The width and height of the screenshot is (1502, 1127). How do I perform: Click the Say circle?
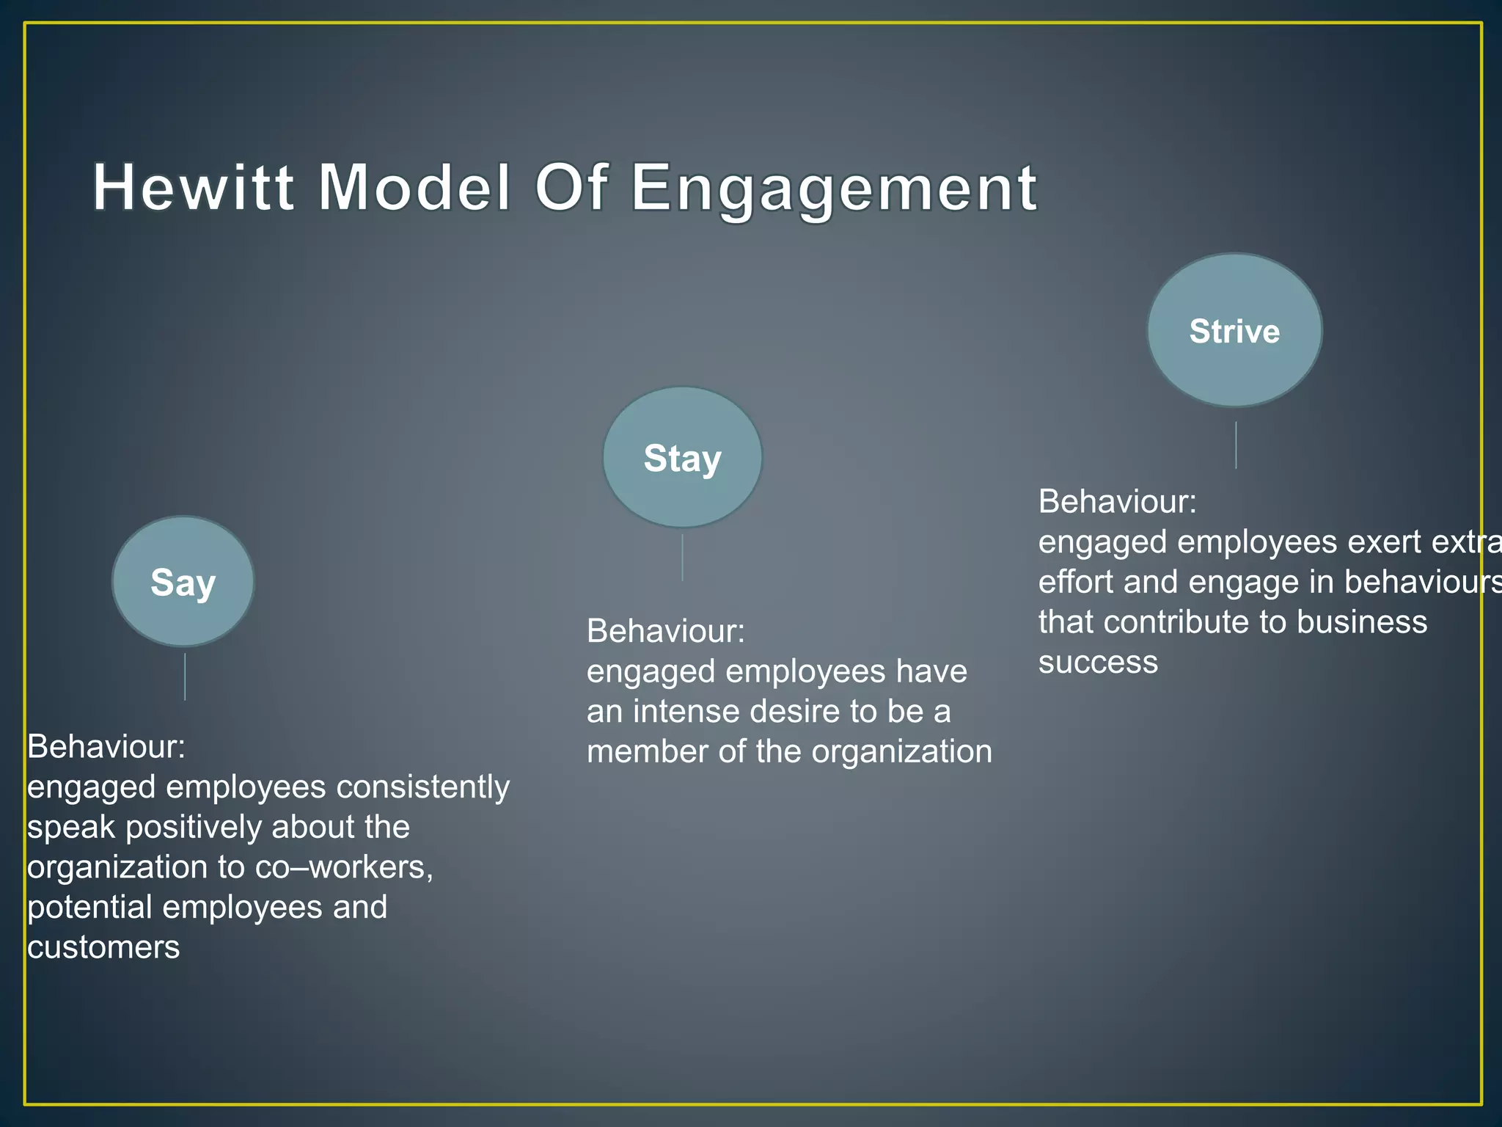point(183,581)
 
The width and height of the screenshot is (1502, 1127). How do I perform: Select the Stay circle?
point(682,457)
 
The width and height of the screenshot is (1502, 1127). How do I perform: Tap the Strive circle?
point(1234,330)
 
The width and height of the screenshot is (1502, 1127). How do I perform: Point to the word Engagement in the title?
point(834,188)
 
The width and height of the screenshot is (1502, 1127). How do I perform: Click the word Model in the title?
point(414,188)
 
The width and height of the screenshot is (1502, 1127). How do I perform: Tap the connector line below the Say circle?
point(185,676)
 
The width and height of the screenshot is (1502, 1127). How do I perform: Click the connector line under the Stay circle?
point(683,558)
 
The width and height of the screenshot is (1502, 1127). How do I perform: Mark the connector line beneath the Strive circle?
point(1236,445)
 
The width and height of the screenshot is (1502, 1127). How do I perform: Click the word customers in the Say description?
point(103,947)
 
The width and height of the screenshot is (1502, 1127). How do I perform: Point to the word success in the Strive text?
point(1098,662)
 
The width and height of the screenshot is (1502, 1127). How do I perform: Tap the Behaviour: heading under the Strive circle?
point(1117,502)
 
